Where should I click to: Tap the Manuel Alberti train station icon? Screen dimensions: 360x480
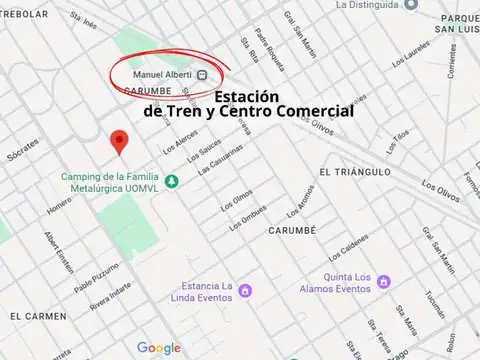click(202, 74)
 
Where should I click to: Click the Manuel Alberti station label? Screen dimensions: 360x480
click(163, 74)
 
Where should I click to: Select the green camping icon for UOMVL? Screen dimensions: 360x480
click(171, 180)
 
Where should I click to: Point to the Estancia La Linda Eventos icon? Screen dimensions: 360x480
click(245, 290)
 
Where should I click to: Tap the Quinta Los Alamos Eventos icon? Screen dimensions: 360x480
click(328, 279)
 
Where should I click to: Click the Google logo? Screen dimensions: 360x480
click(159, 347)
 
